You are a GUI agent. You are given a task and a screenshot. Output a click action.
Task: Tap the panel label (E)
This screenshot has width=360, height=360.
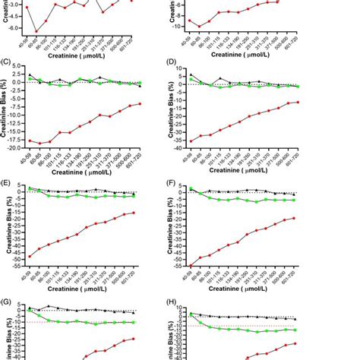click(x=7, y=182)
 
